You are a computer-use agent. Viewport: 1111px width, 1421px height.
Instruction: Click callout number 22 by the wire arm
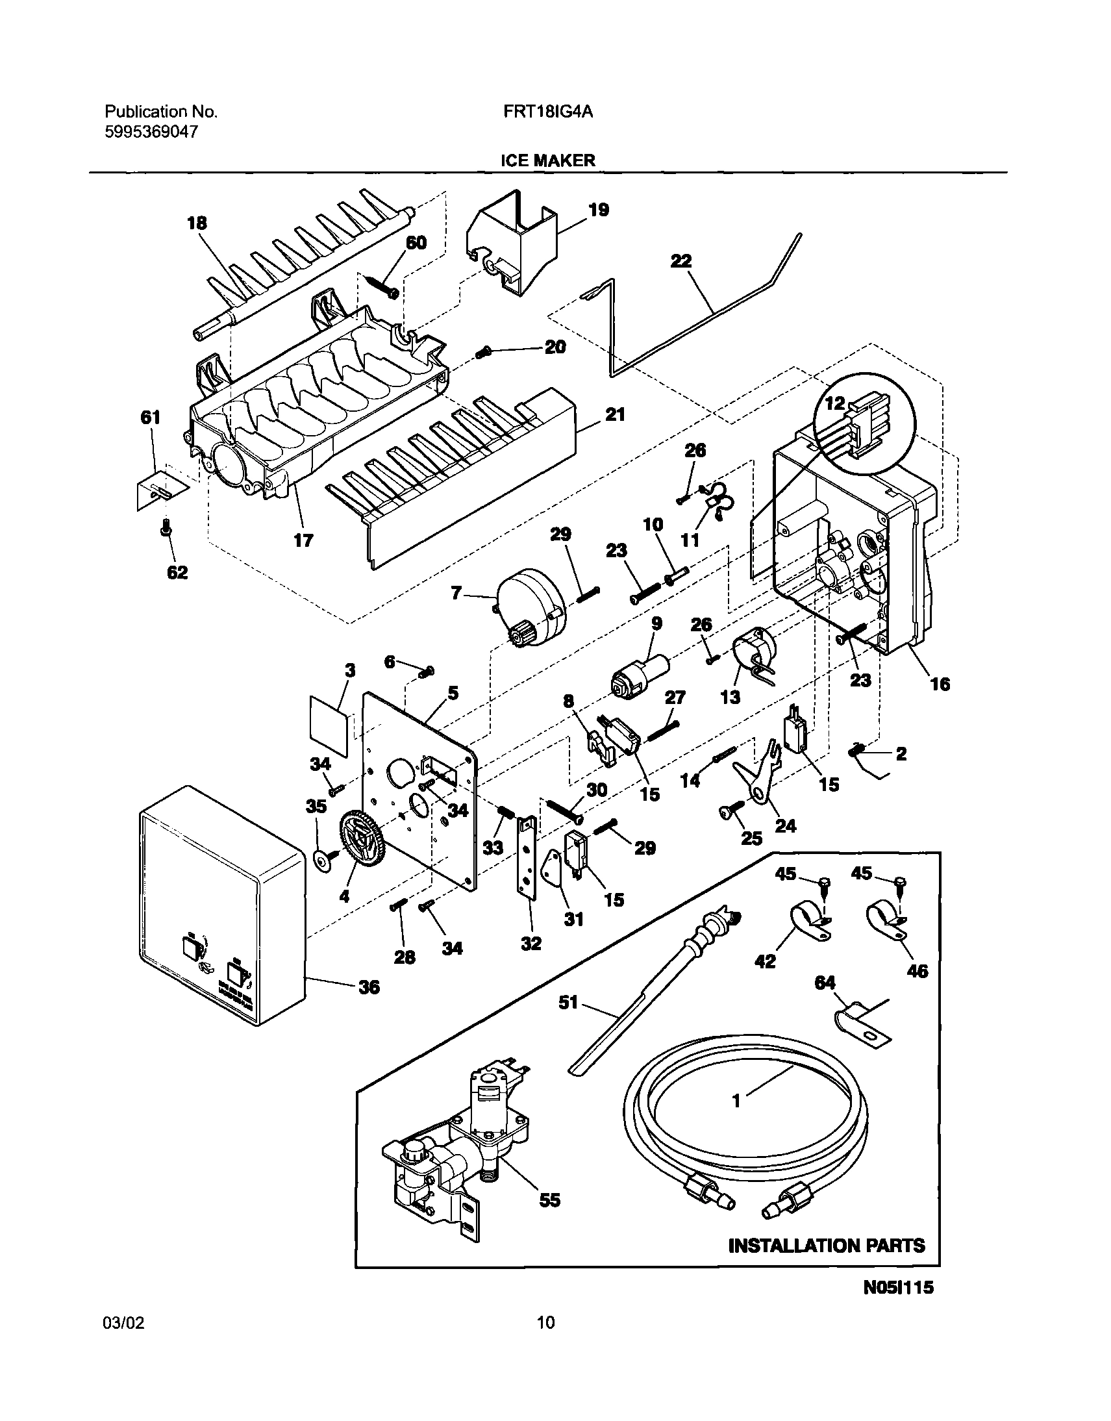tap(681, 261)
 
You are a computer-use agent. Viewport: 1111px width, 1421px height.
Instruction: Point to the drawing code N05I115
tap(898, 1306)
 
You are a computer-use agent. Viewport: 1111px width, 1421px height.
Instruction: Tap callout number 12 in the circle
tap(834, 403)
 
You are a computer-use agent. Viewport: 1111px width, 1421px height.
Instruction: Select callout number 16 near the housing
tap(940, 684)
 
